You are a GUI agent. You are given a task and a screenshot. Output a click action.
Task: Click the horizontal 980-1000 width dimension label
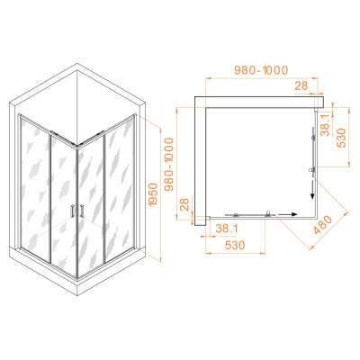261,70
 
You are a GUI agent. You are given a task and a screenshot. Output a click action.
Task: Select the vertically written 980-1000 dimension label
169,165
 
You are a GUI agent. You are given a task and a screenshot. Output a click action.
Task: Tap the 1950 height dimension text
153,194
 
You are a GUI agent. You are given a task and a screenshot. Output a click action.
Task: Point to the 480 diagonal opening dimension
323,224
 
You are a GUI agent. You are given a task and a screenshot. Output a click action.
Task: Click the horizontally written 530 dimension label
235,245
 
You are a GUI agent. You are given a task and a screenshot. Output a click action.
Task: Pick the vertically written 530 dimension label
341,138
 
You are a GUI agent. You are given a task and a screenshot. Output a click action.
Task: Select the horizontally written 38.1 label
227,229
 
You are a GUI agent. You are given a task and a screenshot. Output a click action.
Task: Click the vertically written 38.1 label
325,124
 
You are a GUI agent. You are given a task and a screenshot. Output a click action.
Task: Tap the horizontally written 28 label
301,85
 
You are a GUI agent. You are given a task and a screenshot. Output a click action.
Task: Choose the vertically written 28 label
184,204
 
